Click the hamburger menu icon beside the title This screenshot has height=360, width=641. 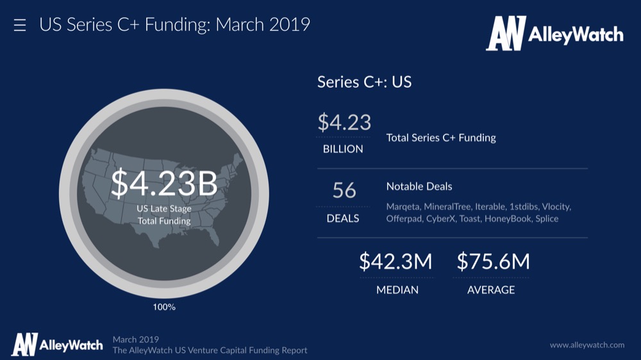coord(20,26)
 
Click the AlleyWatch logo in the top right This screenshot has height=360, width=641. coord(554,34)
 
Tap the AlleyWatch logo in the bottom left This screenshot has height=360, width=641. coord(57,345)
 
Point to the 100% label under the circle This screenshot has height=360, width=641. coord(164,307)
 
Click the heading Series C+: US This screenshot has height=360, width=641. coord(364,82)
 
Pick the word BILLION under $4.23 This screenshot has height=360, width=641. coord(343,149)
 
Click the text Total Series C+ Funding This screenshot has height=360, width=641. coord(441,137)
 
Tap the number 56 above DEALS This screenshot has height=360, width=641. coord(344,190)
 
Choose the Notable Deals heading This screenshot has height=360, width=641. coord(419,186)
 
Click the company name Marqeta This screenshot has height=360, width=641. coord(403,207)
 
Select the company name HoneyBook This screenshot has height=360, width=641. coord(507,218)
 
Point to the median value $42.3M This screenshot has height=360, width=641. coord(395,261)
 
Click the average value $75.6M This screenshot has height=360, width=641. coord(493,261)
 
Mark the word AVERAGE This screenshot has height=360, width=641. coord(491,290)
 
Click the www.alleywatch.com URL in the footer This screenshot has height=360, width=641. coord(587,345)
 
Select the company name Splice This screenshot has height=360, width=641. coord(547,218)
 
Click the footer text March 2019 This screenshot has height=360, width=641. coord(135,339)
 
